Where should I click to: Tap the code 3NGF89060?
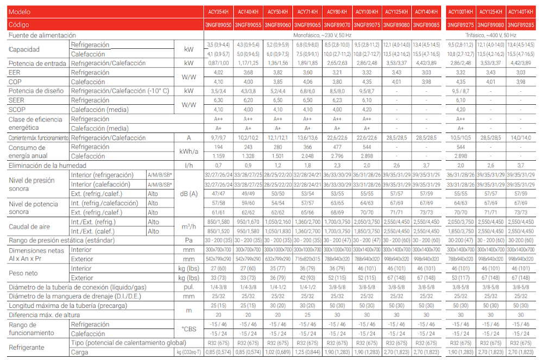click(x=277, y=25)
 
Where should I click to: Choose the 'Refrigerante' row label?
click(x=27, y=348)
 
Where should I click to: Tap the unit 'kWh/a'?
click(x=189, y=151)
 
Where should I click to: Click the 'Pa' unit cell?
click(x=189, y=239)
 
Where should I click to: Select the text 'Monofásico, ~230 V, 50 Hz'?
click(x=322, y=35)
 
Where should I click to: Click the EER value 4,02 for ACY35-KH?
click(x=219, y=72)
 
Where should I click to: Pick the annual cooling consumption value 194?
click(x=219, y=147)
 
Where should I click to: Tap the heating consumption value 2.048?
click(x=307, y=156)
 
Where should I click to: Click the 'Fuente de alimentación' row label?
click(x=38, y=35)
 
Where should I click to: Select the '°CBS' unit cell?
click(x=189, y=329)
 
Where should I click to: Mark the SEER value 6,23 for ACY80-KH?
click(x=337, y=100)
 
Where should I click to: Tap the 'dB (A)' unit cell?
click(x=189, y=193)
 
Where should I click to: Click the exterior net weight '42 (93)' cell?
click(x=307, y=277)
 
